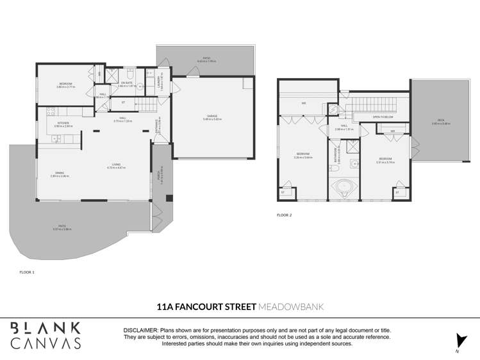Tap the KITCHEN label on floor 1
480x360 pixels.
click(x=62, y=124)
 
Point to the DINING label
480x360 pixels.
click(x=59, y=174)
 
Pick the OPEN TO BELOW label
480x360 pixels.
click(x=382, y=117)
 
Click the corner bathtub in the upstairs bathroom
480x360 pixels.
click(x=345, y=189)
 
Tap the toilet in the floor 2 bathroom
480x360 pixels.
click(x=333, y=168)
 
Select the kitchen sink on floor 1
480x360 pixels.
click(x=56, y=138)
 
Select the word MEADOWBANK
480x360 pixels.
click(x=291, y=307)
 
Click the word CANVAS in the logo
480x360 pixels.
click(x=46, y=343)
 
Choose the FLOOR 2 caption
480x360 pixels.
click(x=284, y=215)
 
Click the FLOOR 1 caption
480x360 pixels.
click(x=27, y=272)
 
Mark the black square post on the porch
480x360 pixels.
click(x=169, y=198)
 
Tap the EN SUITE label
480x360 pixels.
click(x=126, y=83)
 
